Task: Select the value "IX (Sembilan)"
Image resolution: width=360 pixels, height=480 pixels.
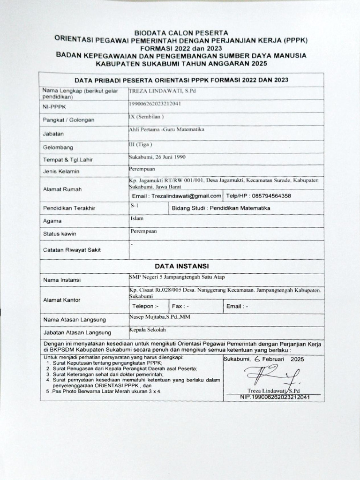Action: coord(146,116)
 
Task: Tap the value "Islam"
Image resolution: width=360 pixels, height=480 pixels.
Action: coord(137,218)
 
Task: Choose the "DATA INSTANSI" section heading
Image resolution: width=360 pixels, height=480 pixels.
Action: coord(180,266)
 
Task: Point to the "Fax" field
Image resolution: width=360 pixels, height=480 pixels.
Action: coord(180,306)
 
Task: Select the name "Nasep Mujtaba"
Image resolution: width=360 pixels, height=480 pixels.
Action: coord(159,317)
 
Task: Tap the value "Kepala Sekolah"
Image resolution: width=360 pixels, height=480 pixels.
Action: coord(148,330)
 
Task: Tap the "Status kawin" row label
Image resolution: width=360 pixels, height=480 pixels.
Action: coord(59,233)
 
